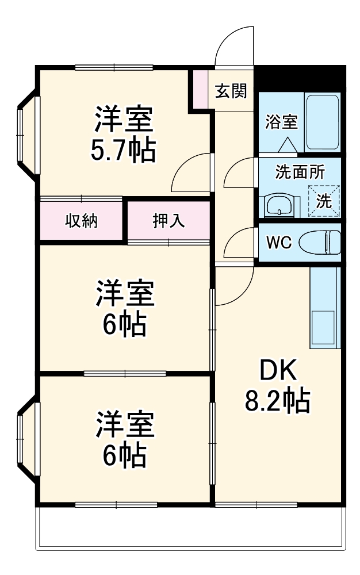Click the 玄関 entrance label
(x=231, y=91)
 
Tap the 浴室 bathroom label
(x=281, y=122)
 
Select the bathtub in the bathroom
(x=323, y=122)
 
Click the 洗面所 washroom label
(x=300, y=172)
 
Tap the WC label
(x=279, y=243)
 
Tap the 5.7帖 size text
(x=122, y=151)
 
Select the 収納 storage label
(x=81, y=221)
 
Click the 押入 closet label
(x=168, y=221)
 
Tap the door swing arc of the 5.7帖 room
(x=190, y=172)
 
